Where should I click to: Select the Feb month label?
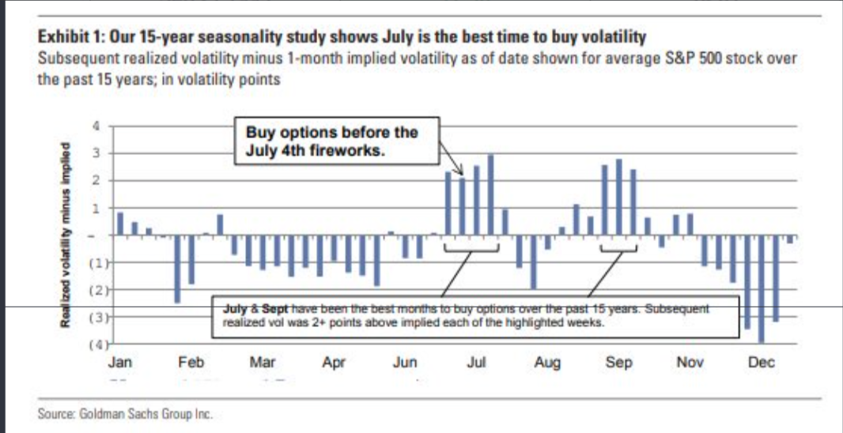(x=191, y=363)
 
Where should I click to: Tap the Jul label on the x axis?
(x=476, y=363)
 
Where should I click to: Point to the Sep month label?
(x=618, y=363)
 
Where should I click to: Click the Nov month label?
(x=690, y=363)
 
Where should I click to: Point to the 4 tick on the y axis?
(x=97, y=125)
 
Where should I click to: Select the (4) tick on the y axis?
(x=96, y=345)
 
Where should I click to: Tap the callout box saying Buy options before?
(x=338, y=141)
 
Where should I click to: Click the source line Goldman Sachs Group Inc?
(x=126, y=412)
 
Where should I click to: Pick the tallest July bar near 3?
(x=491, y=194)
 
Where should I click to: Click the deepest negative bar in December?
(x=761, y=289)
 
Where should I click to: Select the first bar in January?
(x=120, y=224)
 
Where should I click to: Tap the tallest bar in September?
(x=619, y=197)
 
